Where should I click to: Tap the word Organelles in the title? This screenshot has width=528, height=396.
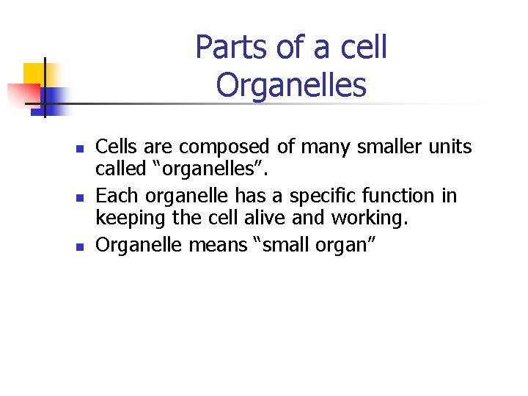click(291, 86)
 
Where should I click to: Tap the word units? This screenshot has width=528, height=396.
click(451, 147)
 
